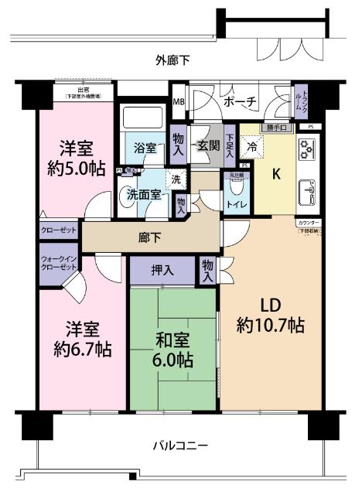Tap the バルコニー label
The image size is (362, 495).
(x=179, y=445)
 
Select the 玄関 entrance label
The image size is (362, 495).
(x=207, y=145)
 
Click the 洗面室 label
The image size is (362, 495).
(x=144, y=194)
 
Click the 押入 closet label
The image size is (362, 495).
(x=162, y=271)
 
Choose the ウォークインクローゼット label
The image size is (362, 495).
(x=59, y=262)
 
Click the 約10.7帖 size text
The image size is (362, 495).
(x=270, y=326)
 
